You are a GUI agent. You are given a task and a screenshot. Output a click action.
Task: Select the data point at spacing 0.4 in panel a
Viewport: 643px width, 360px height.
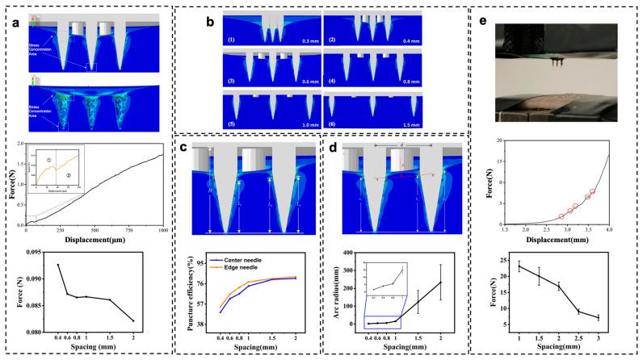58,265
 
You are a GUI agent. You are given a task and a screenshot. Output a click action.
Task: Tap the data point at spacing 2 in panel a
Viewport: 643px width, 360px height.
155,320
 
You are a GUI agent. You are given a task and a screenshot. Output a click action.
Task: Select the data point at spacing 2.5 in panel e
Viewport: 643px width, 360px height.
578,312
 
